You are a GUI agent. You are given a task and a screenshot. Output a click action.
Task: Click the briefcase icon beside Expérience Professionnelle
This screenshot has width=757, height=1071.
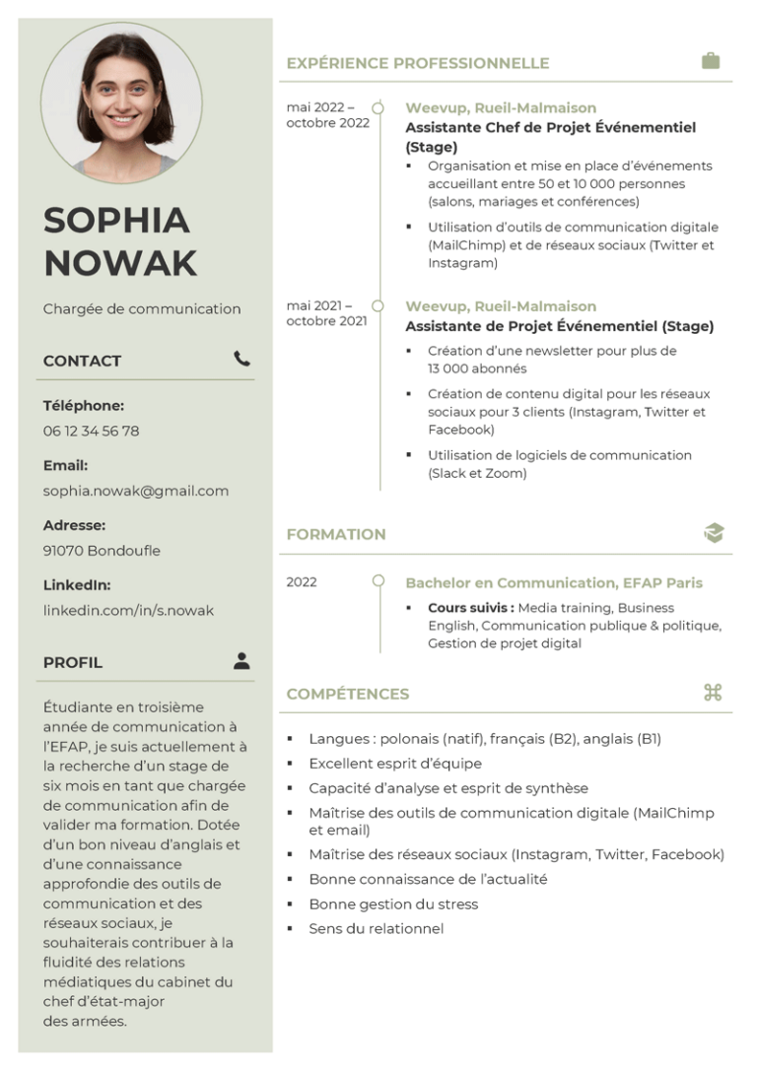click(710, 61)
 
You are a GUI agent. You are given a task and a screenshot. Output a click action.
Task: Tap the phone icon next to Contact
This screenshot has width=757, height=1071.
click(241, 359)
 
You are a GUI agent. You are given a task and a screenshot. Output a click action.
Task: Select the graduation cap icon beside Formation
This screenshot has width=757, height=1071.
click(713, 533)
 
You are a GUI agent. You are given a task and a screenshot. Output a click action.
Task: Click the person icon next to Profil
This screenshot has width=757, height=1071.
click(241, 661)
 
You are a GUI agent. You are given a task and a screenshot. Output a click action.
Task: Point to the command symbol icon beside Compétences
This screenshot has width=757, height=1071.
click(713, 693)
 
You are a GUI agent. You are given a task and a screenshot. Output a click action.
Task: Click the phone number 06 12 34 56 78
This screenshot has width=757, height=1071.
click(91, 431)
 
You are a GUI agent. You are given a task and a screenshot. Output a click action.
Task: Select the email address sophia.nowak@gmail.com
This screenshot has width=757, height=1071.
click(135, 491)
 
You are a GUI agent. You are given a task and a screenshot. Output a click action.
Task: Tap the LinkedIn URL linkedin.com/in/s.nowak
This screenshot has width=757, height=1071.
click(128, 610)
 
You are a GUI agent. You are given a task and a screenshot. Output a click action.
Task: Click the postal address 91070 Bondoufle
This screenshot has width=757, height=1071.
click(102, 551)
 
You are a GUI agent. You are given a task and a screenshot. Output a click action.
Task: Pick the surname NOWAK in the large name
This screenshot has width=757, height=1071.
click(120, 263)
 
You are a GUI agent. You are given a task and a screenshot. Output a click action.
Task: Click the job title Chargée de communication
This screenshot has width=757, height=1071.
click(142, 308)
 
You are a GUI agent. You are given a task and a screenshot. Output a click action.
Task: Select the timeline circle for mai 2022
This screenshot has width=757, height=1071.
click(378, 107)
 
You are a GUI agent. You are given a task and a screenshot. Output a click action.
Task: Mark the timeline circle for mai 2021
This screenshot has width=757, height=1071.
click(378, 305)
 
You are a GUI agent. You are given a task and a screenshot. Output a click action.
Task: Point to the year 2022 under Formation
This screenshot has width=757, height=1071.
click(302, 582)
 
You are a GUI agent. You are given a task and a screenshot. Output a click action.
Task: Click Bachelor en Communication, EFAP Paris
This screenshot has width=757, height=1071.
click(554, 582)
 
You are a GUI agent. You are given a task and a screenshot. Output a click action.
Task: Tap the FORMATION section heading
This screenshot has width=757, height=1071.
click(336, 534)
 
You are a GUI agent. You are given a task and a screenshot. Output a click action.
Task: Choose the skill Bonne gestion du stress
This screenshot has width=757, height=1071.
click(379, 904)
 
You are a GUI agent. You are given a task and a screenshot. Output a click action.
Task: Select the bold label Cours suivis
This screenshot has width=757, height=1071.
click(470, 608)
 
